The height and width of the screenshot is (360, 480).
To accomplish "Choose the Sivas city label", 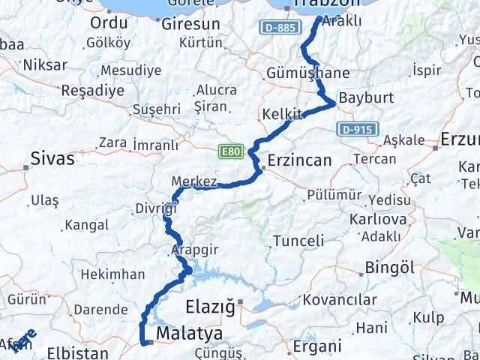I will tap(52, 158).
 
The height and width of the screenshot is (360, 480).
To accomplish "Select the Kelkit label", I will tap(282, 115).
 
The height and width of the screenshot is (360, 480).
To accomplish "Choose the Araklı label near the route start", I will tap(341, 22).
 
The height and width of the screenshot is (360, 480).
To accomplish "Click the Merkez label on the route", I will tap(194, 182).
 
